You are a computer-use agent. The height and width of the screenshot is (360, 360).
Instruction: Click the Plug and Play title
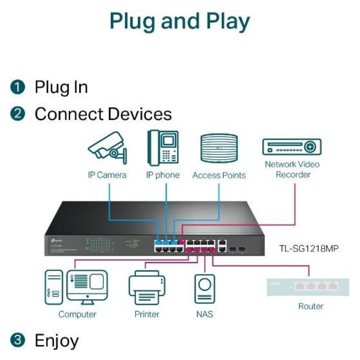(x=180, y=21)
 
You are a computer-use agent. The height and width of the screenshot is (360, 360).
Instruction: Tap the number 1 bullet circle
(x=17, y=87)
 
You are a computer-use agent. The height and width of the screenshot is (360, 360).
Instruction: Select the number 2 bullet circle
(x=17, y=114)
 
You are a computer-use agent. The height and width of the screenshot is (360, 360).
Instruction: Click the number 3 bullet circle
(x=17, y=341)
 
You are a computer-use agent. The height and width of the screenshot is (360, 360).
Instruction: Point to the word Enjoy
(x=57, y=341)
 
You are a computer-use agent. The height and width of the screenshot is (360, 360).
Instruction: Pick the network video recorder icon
(x=292, y=147)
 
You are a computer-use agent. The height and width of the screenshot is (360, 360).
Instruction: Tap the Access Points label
(x=219, y=175)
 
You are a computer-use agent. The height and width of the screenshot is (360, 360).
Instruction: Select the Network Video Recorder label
(x=293, y=170)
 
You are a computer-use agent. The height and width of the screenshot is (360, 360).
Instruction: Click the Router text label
(x=310, y=306)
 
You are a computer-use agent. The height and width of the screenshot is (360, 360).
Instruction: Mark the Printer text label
(x=147, y=314)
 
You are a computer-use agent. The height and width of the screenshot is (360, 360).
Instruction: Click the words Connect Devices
(x=103, y=114)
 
